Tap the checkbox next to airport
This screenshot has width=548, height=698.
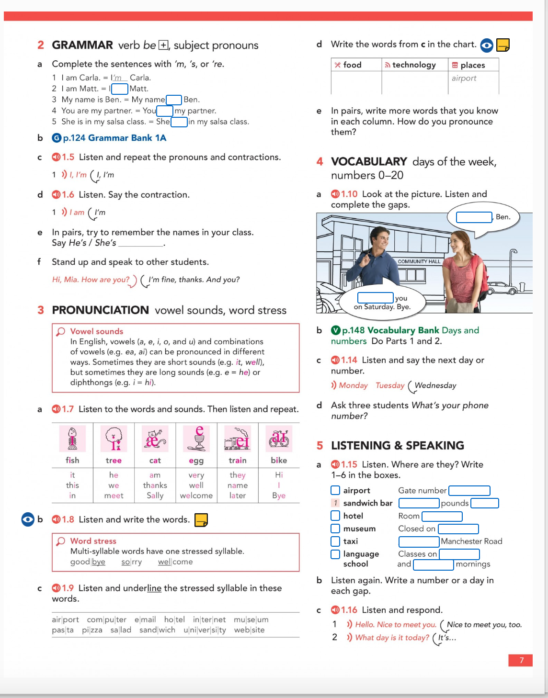click(x=335, y=490)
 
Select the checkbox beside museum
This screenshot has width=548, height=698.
click(x=335, y=529)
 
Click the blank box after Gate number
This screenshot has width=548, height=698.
click(x=469, y=490)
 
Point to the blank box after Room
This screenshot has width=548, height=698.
click(x=442, y=516)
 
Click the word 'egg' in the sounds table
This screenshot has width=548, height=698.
click(x=196, y=461)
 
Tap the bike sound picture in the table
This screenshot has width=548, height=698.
click(x=279, y=439)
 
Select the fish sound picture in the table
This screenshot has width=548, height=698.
click(x=72, y=439)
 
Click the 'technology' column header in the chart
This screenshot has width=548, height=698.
click(x=414, y=65)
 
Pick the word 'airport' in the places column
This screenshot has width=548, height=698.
click(x=464, y=78)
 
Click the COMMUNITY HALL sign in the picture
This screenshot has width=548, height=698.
click(x=419, y=261)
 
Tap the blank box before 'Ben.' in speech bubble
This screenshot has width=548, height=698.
click(x=474, y=217)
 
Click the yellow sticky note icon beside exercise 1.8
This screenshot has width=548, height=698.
click(x=201, y=519)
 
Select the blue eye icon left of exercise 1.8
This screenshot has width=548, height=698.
click(x=28, y=519)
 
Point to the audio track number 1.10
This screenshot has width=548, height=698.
click(x=349, y=194)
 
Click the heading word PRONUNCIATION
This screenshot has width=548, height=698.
click(x=100, y=310)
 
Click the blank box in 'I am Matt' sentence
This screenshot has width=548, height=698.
click(x=120, y=89)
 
